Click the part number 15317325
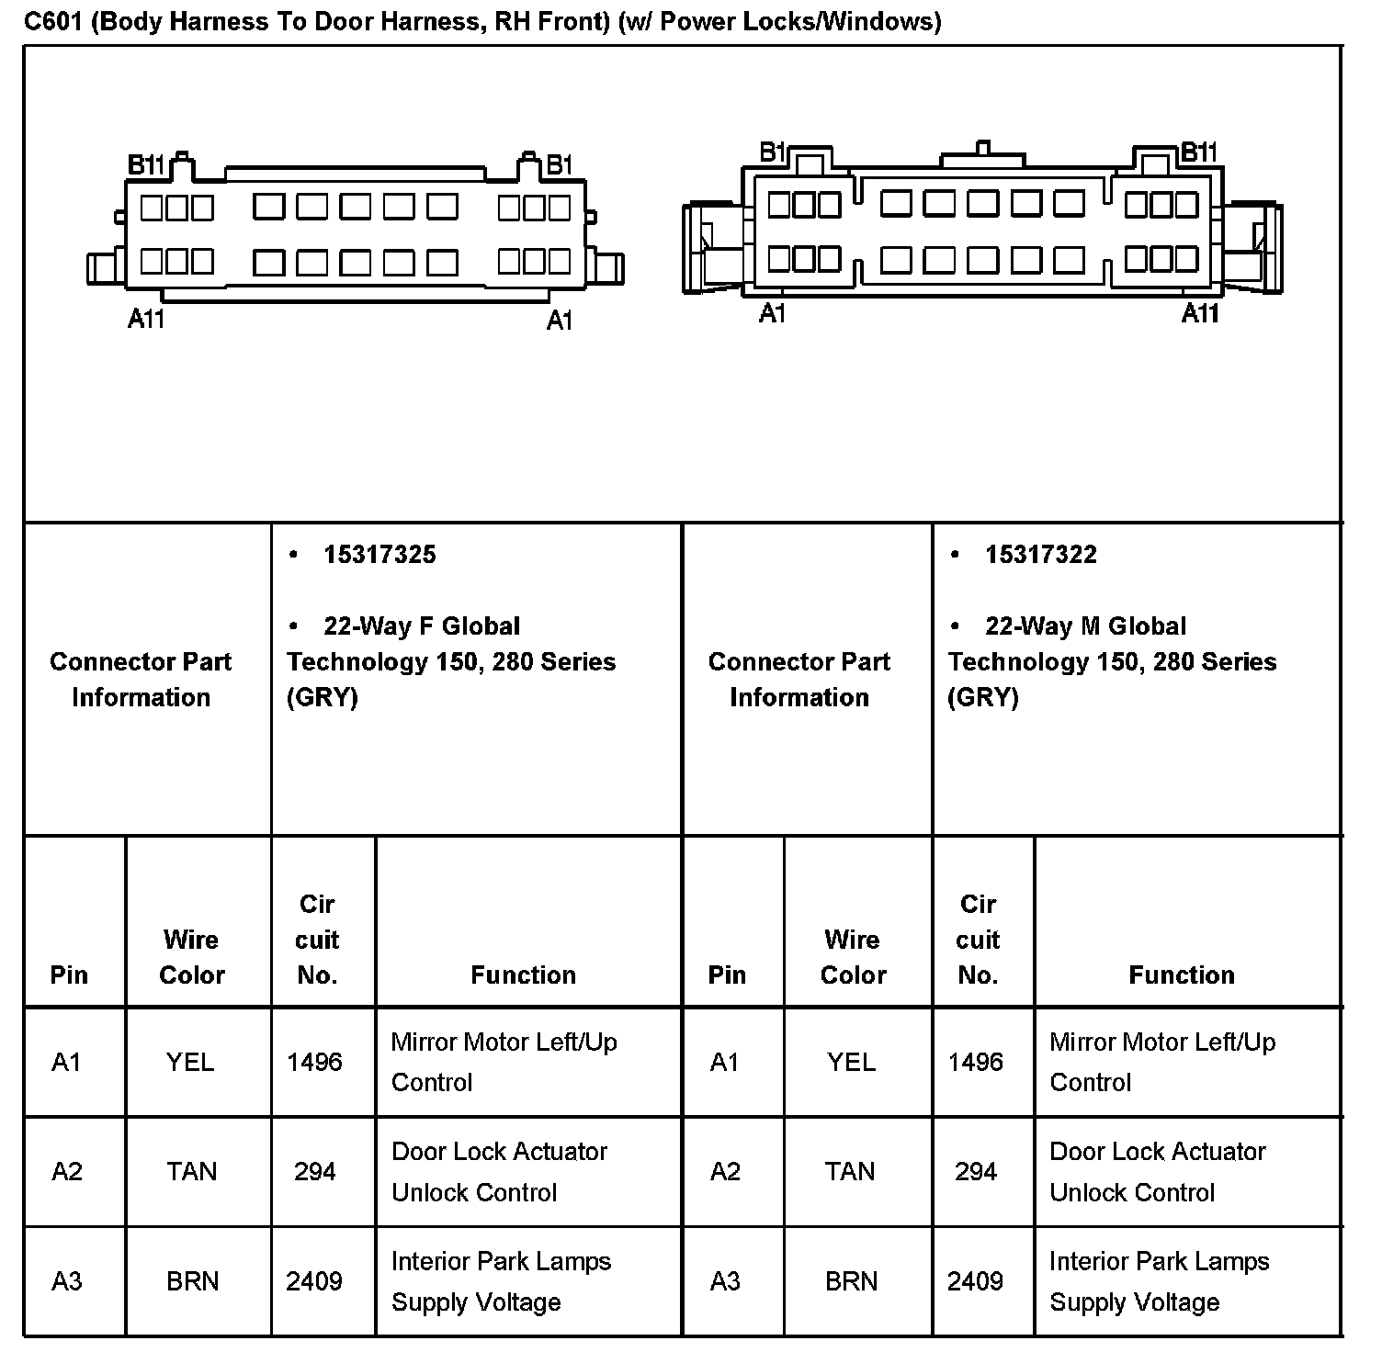click(379, 555)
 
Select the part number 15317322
click(1040, 555)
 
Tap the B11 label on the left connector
click(145, 165)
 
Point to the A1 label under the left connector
click(560, 321)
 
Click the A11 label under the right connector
click(1200, 314)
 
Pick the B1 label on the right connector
click(773, 152)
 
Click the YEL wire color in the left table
click(190, 1063)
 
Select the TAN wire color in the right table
click(850, 1172)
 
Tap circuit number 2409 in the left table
click(314, 1281)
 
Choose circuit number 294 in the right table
click(976, 1172)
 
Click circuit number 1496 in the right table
click(976, 1063)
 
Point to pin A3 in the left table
click(67, 1281)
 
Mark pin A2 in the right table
click(725, 1172)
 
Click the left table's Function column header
click(523, 975)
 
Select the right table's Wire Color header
click(853, 957)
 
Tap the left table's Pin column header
click(69, 975)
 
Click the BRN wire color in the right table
click(851, 1281)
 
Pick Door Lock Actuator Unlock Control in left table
click(499, 1172)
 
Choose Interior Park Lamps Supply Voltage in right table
click(1159, 1281)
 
